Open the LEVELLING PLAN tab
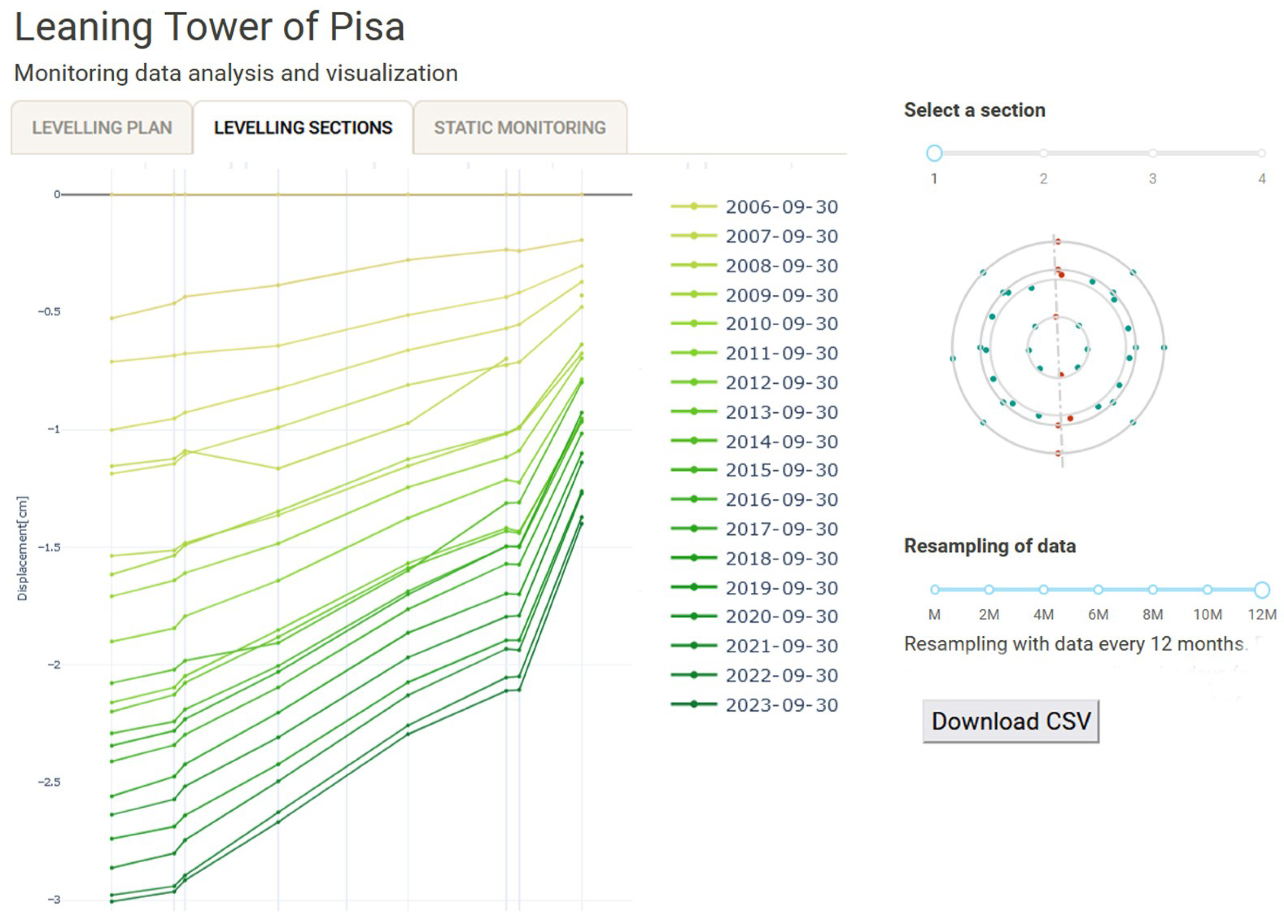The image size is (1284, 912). click(x=102, y=128)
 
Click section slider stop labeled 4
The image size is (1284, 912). click(x=1261, y=153)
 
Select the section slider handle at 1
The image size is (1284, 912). click(x=934, y=153)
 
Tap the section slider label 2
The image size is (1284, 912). click(x=1043, y=179)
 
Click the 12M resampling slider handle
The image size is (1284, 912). click(x=1262, y=590)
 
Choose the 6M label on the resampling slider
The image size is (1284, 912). click(x=1098, y=614)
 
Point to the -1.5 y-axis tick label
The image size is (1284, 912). click(x=49, y=547)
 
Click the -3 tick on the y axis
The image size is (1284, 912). click(x=53, y=899)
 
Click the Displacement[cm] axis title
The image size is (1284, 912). click(x=22, y=548)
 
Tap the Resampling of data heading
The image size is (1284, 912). click(x=989, y=546)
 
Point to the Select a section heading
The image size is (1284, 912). click(x=974, y=110)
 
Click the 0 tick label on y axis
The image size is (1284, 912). click(x=57, y=194)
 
